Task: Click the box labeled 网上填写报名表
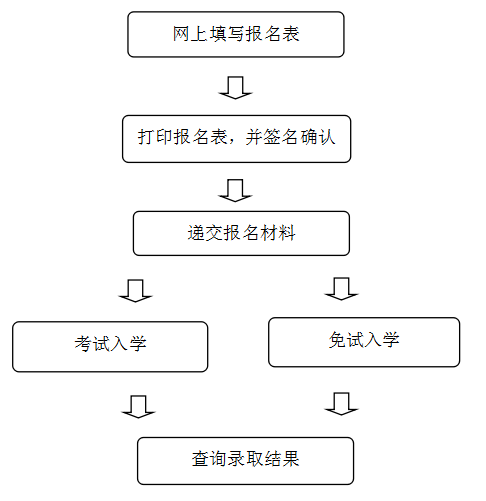(x=236, y=34)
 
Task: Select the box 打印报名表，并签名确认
(x=236, y=139)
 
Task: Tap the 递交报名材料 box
(x=241, y=233)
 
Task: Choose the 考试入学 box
(x=110, y=347)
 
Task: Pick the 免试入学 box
(x=364, y=342)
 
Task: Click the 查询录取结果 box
(x=245, y=461)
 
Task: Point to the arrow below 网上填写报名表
(x=235, y=88)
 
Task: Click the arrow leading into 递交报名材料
(x=235, y=190)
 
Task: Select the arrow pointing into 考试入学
(x=135, y=291)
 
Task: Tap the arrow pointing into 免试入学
(x=341, y=289)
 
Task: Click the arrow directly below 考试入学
(x=138, y=407)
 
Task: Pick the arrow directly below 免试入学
(x=341, y=404)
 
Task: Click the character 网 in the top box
(x=181, y=34)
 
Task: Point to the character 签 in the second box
(x=272, y=137)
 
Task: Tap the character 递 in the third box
(x=196, y=233)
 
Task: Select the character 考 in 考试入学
(x=83, y=343)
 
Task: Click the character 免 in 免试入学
(x=337, y=340)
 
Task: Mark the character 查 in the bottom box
(x=200, y=459)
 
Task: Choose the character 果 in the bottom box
(x=290, y=459)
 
